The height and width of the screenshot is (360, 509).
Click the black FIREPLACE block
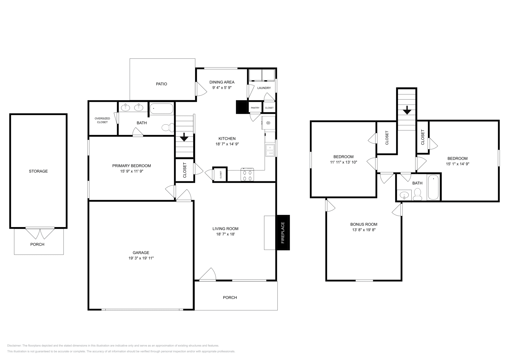(x=283, y=232)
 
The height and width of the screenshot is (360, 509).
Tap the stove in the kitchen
(x=248, y=175)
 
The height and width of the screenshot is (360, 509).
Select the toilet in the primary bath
(x=167, y=128)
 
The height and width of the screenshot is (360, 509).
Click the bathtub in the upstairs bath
(x=433, y=187)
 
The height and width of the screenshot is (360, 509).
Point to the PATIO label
(x=161, y=84)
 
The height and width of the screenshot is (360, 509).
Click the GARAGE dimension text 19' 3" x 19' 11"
(x=141, y=258)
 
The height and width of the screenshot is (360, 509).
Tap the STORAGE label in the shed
(x=38, y=171)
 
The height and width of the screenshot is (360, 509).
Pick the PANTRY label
(x=255, y=108)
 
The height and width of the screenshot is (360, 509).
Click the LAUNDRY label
(x=264, y=88)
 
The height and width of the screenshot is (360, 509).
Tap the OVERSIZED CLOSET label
(x=102, y=120)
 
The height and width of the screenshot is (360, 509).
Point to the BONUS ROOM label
(x=364, y=224)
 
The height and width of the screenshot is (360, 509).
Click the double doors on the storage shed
(x=40, y=233)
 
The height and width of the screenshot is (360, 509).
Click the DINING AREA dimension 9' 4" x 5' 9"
(x=222, y=88)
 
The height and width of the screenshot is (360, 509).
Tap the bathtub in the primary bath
(x=161, y=109)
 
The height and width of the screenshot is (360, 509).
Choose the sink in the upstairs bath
(x=404, y=195)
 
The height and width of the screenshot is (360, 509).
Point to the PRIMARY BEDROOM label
(x=131, y=166)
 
